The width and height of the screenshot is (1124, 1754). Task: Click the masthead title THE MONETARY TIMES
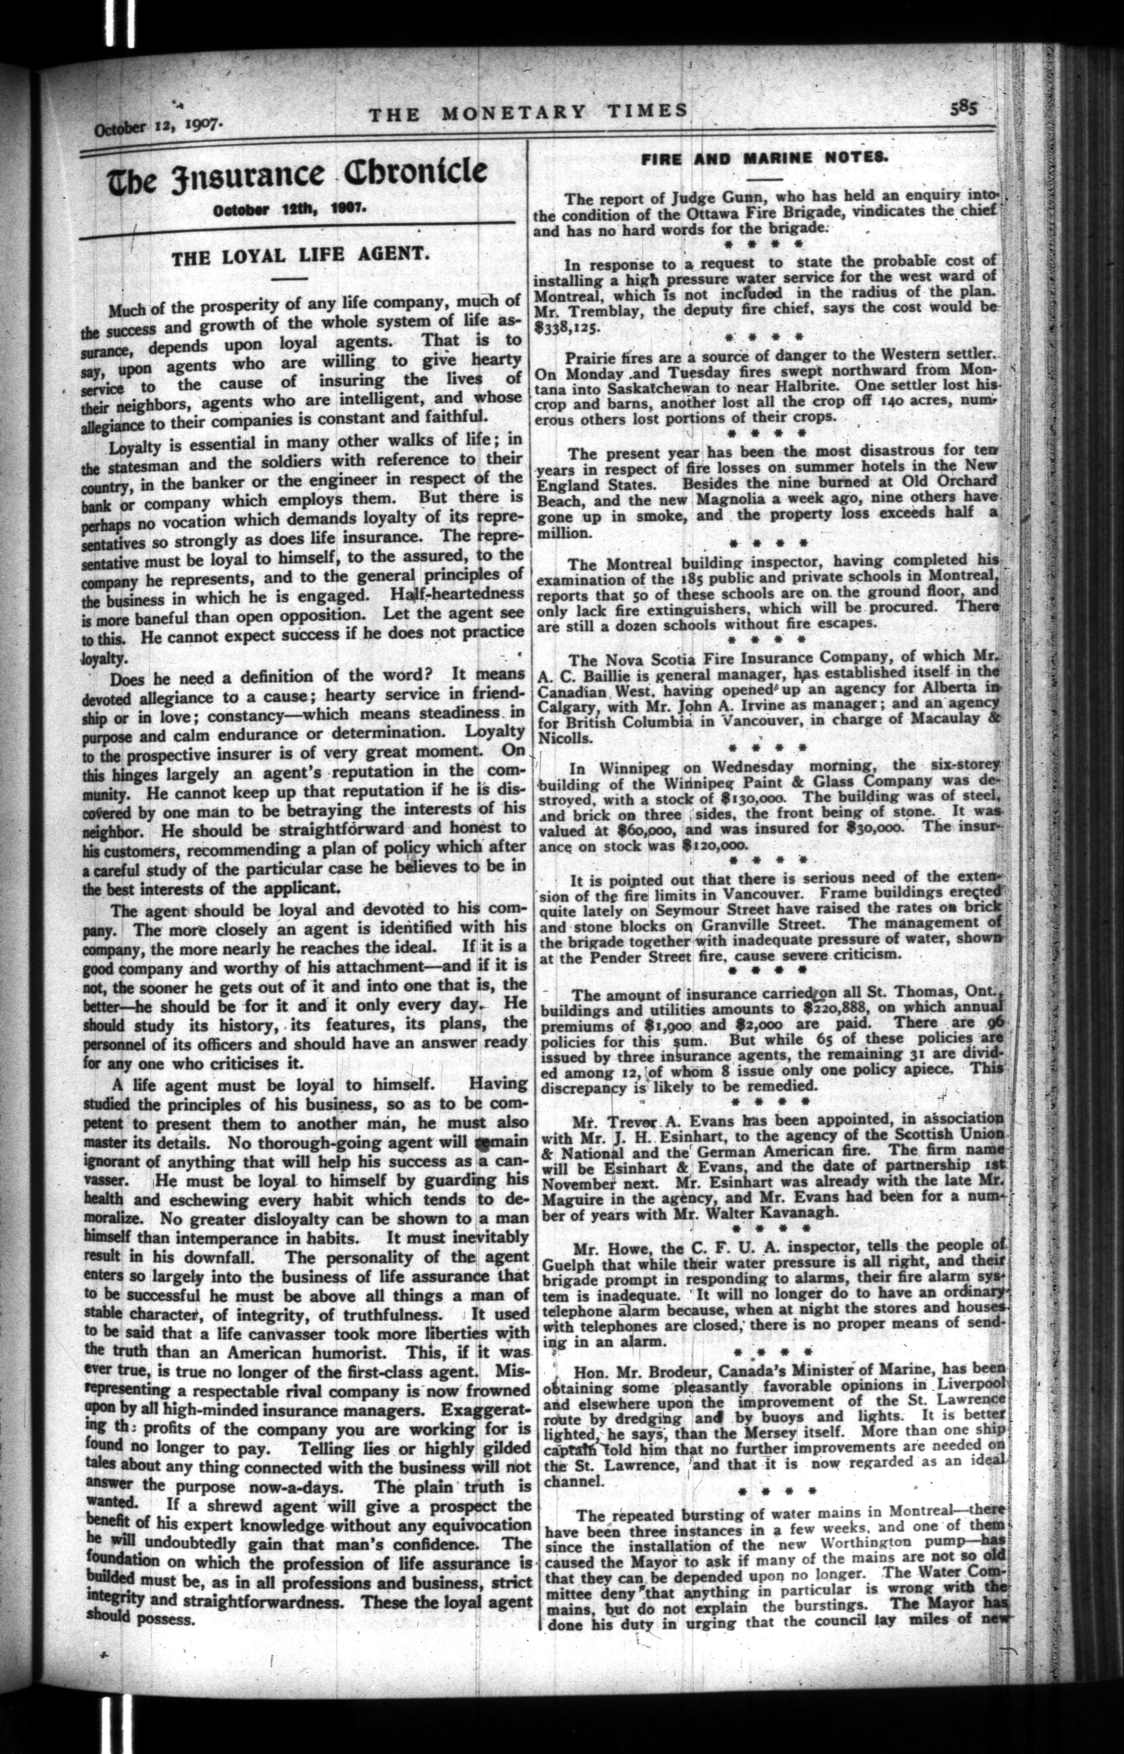coord(527,112)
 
